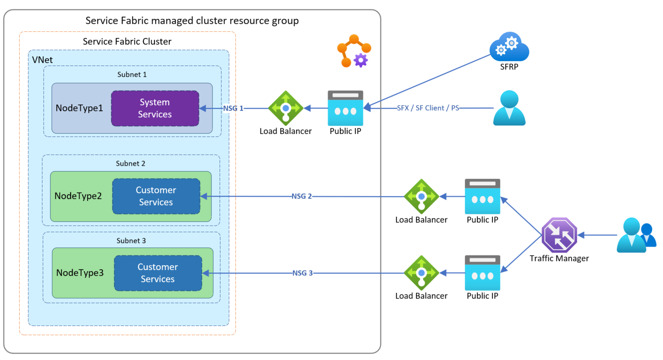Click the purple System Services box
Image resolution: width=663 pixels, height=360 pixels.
(155, 108)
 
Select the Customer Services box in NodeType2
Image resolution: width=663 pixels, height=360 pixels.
(156, 196)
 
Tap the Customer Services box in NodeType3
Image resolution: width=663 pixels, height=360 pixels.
(158, 273)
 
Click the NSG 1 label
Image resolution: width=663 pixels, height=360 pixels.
(233, 108)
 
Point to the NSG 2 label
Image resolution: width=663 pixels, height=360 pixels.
(302, 196)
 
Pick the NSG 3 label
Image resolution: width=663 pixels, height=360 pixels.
(302, 273)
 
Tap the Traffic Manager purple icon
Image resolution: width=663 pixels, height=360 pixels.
(559, 235)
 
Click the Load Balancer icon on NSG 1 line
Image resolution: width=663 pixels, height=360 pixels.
(286, 108)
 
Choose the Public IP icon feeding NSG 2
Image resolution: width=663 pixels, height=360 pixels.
(482, 196)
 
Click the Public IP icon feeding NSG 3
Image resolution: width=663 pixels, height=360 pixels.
(482, 273)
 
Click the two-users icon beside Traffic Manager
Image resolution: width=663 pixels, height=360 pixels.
(636, 235)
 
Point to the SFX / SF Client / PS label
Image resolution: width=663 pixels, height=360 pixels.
(428, 108)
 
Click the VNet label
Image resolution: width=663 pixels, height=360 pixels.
(42, 60)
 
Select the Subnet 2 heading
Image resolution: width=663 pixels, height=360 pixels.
(131, 164)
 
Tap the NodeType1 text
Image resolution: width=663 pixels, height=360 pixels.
(79, 108)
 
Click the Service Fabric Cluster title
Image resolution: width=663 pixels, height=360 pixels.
(127, 42)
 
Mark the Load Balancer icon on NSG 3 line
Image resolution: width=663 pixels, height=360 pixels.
(421, 273)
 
